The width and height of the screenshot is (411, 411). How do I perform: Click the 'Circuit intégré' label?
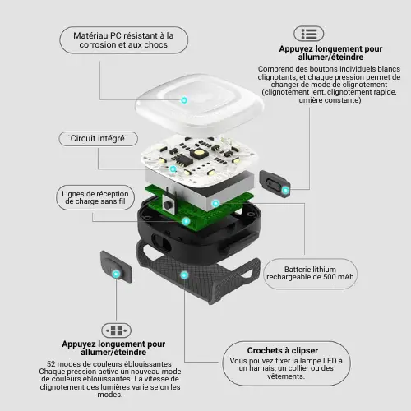[x=98, y=139]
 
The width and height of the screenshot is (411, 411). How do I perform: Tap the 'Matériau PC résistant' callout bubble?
[x=124, y=40]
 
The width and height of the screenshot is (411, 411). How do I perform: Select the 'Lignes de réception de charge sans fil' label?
[x=95, y=197]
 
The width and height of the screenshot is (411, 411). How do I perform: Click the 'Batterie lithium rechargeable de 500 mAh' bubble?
[x=310, y=274]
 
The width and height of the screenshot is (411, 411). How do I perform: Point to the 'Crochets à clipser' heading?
[x=283, y=350]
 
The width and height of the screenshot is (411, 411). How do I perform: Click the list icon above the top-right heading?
[x=309, y=34]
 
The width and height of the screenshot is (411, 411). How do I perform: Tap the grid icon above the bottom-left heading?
[x=117, y=330]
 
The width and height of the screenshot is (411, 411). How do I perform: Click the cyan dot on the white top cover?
[x=184, y=100]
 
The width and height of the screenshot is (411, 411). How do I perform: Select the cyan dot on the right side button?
[x=285, y=190]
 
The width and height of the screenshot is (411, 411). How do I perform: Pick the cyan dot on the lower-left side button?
[x=116, y=274]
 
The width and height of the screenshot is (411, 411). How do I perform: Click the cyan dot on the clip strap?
[x=184, y=275]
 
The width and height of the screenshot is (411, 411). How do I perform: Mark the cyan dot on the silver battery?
[x=215, y=203]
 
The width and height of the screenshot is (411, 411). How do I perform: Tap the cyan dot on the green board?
[x=186, y=221]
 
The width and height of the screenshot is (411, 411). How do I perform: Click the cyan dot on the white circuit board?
[x=173, y=169]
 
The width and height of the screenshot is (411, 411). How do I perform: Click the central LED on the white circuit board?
[x=199, y=153]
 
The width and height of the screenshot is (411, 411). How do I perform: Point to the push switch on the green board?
[x=168, y=204]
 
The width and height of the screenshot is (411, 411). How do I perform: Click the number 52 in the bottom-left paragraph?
[x=51, y=364]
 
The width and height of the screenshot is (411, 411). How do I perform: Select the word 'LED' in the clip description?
[x=330, y=361]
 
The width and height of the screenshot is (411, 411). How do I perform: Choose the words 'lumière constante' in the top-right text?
[x=328, y=100]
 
